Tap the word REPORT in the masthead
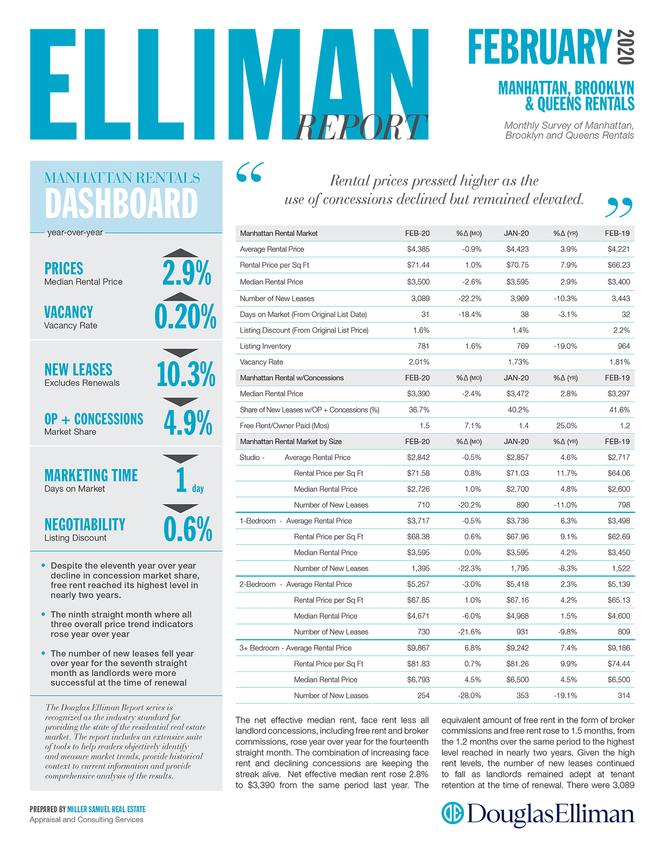pos(361,127)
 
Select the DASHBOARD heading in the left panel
pos(121,203)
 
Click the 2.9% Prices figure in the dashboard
pos(187,272)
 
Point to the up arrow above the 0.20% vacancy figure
pos(180,296)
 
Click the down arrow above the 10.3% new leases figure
pos(180,353)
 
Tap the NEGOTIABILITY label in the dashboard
pos(85,524)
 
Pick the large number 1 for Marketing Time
pos(181,480)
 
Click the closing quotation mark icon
pos(619,207)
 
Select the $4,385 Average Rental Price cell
pos(418,249)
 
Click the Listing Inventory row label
pos(265,346)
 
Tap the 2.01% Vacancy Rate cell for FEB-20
pos(419,362)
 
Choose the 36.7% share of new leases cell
pos(419,410)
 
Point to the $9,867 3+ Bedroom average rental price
pos(418,648)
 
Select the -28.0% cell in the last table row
pos(470,695)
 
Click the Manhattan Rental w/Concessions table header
pos(292,378)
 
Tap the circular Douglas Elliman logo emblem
pos(452,813)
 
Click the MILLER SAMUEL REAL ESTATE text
pos(106,809)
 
